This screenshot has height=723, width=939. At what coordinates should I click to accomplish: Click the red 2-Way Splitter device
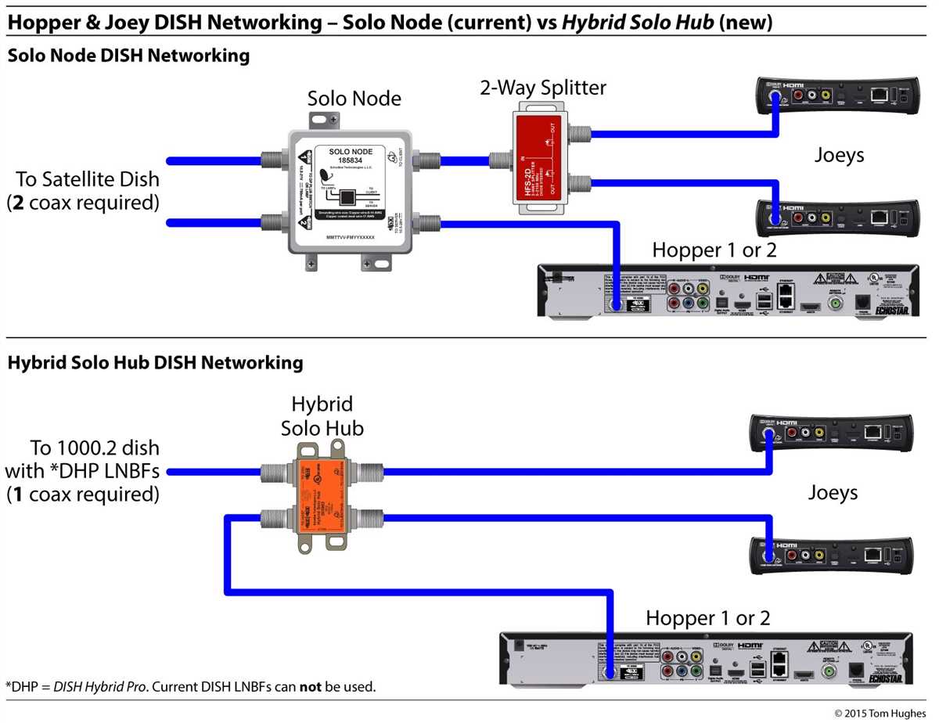tap(539, 161)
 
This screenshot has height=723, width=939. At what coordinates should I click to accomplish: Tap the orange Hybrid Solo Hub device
tap(321, 496)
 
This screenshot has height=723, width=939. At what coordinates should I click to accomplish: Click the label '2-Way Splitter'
tap(543, 88)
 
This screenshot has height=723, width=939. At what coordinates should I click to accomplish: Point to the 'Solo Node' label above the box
tap(354, 99)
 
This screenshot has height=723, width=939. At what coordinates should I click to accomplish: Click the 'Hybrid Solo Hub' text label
tap(322, 416)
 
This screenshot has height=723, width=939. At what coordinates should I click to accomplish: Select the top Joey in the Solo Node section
tap(836, 95)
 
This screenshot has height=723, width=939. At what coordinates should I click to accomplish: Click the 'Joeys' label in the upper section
tap(839, 155)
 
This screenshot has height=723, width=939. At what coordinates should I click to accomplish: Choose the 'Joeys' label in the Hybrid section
tap(833, 493)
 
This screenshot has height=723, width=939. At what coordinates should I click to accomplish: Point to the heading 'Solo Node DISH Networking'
tap(128, 56)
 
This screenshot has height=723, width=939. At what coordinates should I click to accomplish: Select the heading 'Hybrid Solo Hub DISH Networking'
tap(155, 363)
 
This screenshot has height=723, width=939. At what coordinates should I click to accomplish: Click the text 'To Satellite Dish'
tap(86, 179)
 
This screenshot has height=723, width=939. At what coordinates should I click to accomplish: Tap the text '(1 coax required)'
tap(82, 495)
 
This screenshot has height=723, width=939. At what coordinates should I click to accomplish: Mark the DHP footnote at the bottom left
tap(191, 687)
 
